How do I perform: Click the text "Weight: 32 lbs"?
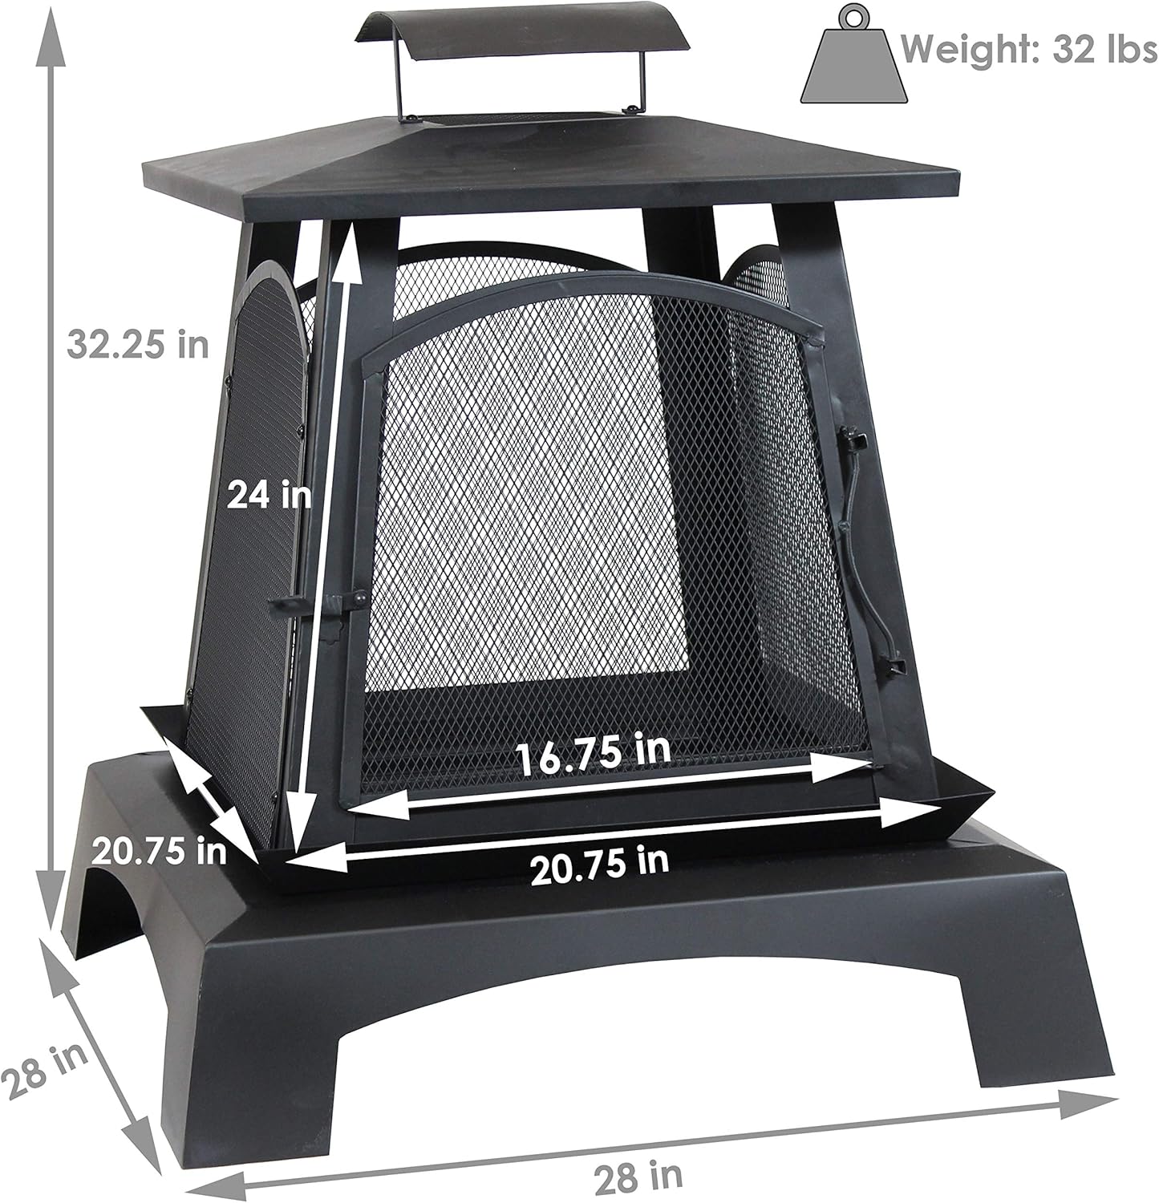(1027, 50)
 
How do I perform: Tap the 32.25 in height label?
(137, 344)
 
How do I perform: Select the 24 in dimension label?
(268, 494)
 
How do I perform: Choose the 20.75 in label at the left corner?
(158, 850)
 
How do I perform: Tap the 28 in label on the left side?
(44, 1071)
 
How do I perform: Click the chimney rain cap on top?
(521, 35)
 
